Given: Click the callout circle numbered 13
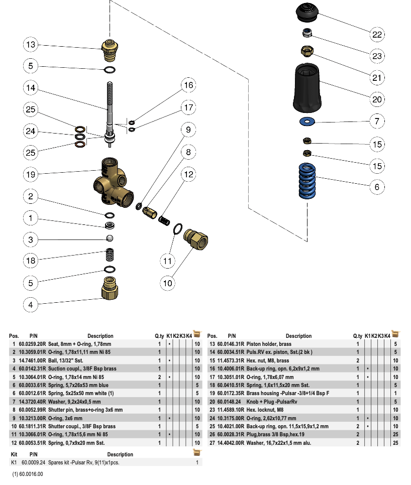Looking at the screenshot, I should click(31, 45).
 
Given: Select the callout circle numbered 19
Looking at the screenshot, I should click(31, 174).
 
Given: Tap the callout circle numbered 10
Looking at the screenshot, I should click(167, 283).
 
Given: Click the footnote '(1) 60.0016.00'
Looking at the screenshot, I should click(28, 474).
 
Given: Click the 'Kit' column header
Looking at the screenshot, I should click(14, 454).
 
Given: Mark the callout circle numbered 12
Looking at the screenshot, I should click(188, 174).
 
